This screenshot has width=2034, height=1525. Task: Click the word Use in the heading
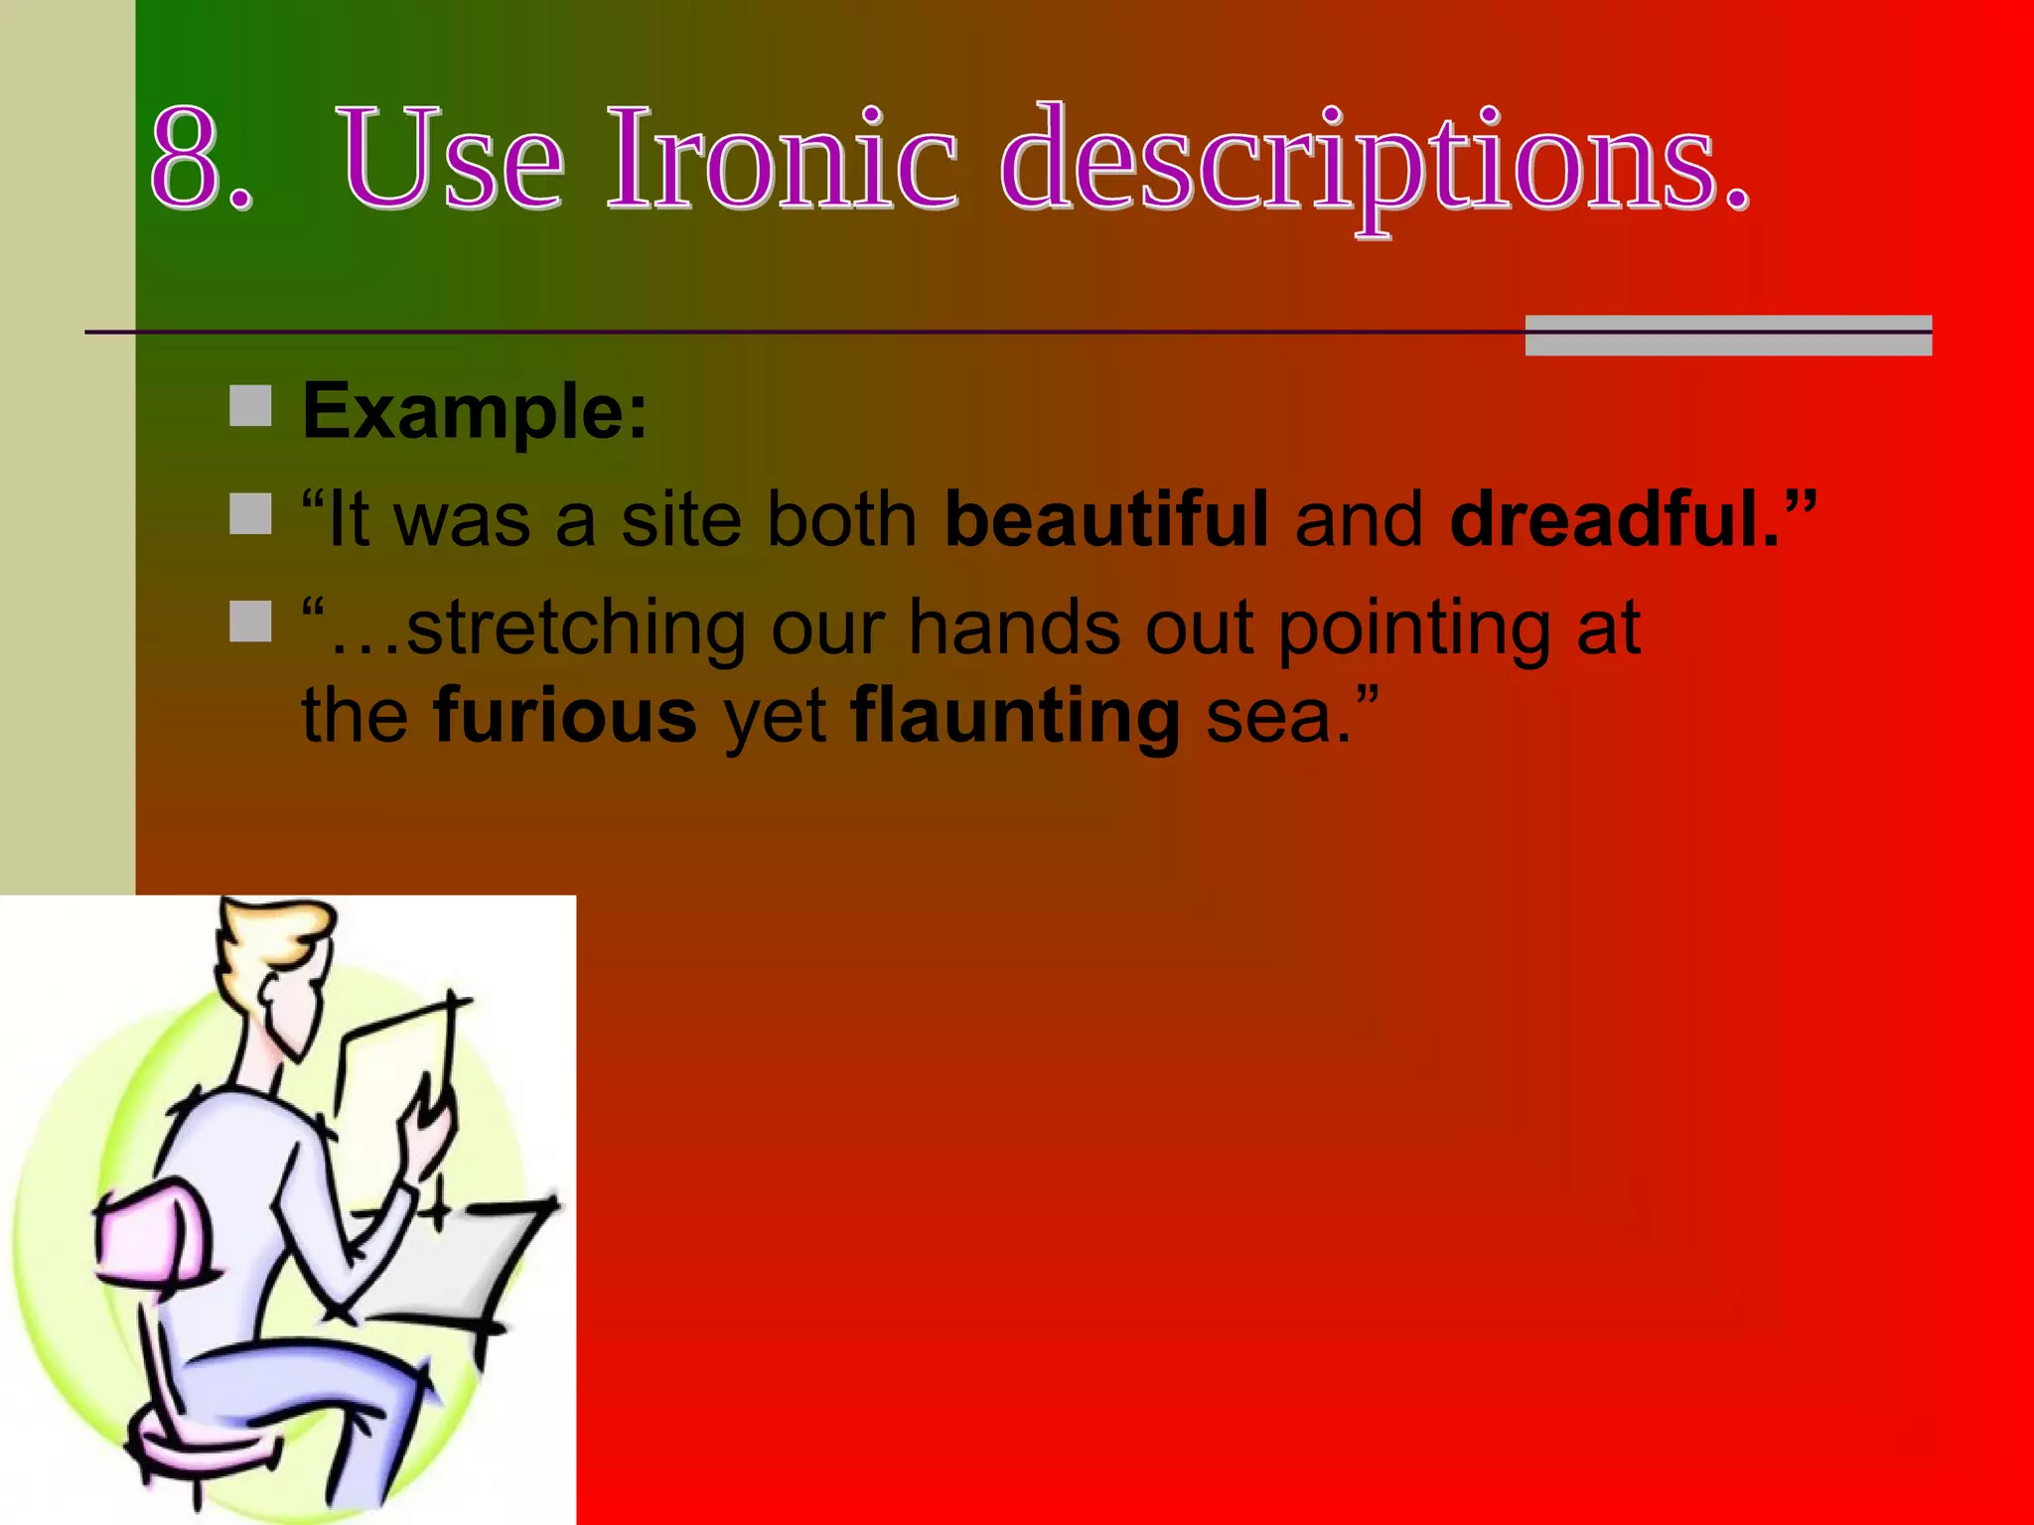pos(452,159)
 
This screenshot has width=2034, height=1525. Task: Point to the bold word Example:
pos(475,412)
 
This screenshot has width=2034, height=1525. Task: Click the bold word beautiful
pos(1105,518)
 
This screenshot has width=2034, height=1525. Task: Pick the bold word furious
pos(565,715)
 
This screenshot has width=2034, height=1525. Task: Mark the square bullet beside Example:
pos(250,406)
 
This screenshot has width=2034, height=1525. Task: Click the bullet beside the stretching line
pos(250,622)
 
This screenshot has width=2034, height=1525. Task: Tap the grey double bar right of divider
pos(1727,335)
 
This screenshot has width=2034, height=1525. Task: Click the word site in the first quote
pos(681,520)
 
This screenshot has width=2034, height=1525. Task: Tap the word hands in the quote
pos(1014,628)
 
